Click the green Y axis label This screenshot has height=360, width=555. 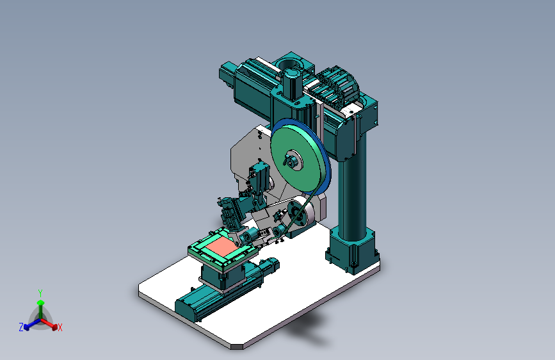point(40,293)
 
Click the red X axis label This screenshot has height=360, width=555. point(60,327)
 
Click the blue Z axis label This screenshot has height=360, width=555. point(21,327)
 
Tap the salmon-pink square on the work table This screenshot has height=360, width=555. point(221,245)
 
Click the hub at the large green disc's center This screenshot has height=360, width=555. point(293,160)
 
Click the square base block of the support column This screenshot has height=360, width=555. point(353,252)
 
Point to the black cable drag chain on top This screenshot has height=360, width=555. point(335,86)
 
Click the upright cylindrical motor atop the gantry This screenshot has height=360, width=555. point(292,85)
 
